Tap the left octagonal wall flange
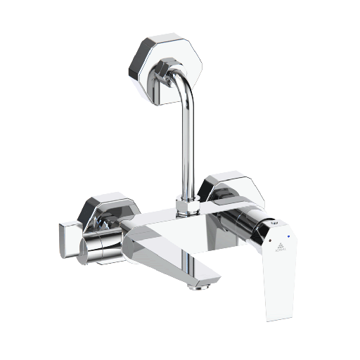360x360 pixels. (x=105, y=211)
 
